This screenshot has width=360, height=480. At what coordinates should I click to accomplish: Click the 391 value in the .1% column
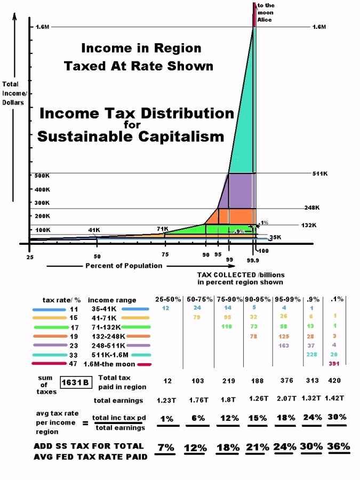point(334,364)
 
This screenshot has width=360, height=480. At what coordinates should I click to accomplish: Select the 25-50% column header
point(167,300)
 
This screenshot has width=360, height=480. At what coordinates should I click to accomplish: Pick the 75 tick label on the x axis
point(165,255)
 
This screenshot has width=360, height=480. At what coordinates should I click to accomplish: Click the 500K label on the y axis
point(42,176)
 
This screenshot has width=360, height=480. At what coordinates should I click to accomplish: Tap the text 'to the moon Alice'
point(266,12)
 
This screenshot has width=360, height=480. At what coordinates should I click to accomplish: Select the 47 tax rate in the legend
point(73,364)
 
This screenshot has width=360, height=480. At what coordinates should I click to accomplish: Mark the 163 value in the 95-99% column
point(284,346)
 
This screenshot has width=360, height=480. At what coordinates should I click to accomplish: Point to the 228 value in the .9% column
point(311,355)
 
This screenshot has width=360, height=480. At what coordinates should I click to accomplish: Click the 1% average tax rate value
point(167,419)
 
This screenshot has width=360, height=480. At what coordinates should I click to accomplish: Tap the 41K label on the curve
point(94,230)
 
